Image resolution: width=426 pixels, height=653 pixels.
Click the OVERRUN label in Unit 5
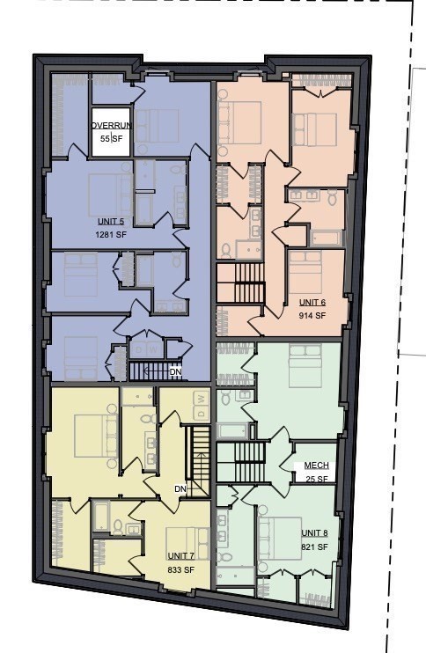111,125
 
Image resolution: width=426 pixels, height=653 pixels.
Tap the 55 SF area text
111,139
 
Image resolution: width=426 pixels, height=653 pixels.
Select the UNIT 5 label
111,221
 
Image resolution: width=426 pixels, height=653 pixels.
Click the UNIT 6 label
312,302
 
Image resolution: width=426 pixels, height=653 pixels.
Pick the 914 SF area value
312,315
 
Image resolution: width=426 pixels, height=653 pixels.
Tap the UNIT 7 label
181,556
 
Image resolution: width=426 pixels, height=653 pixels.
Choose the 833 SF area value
181,569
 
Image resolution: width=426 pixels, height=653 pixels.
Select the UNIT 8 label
314,533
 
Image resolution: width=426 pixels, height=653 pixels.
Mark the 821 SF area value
314,547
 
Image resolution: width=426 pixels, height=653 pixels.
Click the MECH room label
316,466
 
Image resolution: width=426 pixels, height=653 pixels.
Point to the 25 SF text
316,479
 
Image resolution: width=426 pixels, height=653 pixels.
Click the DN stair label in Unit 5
175,371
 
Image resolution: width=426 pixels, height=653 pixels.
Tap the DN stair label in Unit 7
180,488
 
